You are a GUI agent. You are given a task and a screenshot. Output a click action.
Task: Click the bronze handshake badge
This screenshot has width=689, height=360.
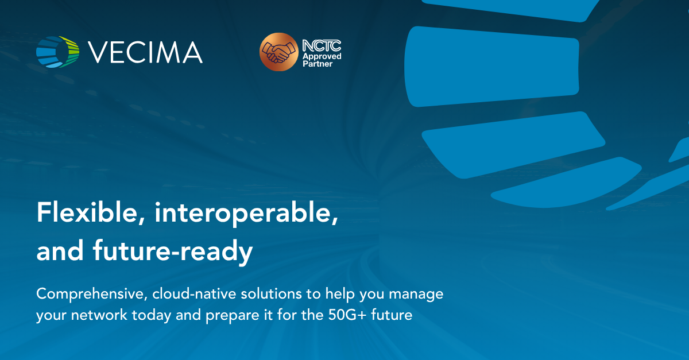click(278, 52)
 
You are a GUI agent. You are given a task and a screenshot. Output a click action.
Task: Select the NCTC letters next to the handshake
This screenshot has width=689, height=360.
click(322, 45)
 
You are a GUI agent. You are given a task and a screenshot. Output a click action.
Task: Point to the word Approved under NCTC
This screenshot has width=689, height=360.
click(322, 56)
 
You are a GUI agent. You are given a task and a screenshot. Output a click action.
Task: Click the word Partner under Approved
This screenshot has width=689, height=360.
click(318, 64)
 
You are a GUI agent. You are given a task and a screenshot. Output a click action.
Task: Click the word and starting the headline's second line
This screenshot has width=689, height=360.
click(56, 252)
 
